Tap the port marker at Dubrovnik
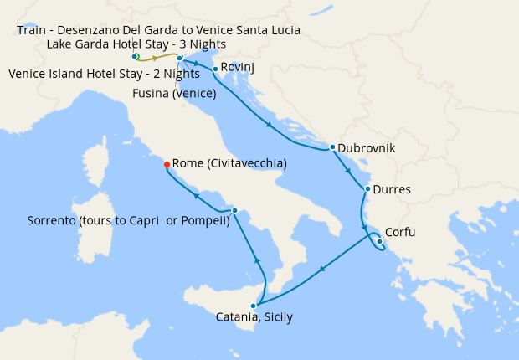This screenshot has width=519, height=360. pos(332,147)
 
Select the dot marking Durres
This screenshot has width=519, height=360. pos(367,189)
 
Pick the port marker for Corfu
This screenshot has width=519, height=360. pos(379,243)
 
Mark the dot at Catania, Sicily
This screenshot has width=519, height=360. pos(253,306)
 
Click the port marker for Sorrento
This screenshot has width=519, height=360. pos(234,210)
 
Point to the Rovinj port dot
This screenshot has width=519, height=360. pos(215,69)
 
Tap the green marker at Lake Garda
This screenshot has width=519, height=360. pos(135,56)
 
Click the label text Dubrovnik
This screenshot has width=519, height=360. pos(367,148)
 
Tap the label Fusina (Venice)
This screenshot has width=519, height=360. pos(174,93)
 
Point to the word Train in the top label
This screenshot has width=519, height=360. pos(33,30)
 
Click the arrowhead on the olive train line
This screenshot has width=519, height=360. pos(155,59)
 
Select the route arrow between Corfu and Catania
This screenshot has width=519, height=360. pos(322,270)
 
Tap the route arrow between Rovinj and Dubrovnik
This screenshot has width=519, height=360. pos(270,126)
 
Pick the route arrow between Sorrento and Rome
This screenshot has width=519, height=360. pos(197,195)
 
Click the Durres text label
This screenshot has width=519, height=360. pos(392,189)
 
